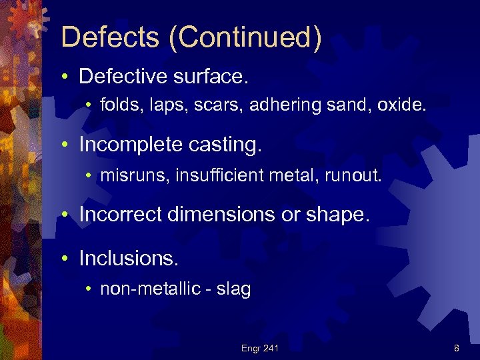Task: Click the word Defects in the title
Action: point(109,37)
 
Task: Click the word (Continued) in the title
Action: point(245,38)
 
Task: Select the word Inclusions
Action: point(121,257)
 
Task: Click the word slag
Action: point(235,288)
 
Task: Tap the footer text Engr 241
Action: point(260,347)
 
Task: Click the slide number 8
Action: point(456,347)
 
